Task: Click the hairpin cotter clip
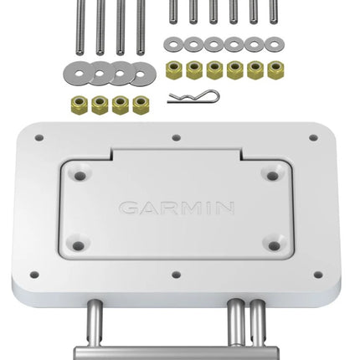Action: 193,96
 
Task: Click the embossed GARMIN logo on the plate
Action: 177,208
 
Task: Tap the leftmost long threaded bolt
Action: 80,28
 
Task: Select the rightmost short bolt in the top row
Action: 274,12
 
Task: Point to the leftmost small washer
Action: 173,44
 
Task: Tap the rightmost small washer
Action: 275,44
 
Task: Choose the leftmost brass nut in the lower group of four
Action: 80,105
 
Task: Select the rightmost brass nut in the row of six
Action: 275,70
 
